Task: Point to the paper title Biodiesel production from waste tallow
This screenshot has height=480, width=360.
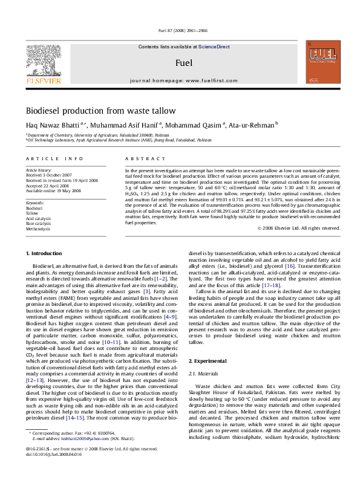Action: [100, 111]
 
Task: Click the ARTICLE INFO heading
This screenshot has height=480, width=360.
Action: [54, 158]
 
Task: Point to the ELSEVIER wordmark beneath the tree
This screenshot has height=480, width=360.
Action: [43, 80]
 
